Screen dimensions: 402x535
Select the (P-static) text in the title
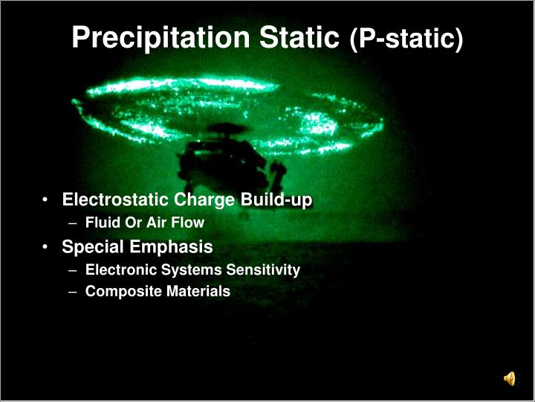coord(406,39)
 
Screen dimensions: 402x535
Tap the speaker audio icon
coord(510,380)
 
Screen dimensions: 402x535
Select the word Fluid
coord(101,223)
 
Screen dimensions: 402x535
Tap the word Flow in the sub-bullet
coord(189,223)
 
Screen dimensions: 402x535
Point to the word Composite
coord(117,292)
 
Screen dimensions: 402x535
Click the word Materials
coord(198,292)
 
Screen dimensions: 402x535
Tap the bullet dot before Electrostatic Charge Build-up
coord(47,201)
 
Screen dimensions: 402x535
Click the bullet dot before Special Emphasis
coord(47,247)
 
